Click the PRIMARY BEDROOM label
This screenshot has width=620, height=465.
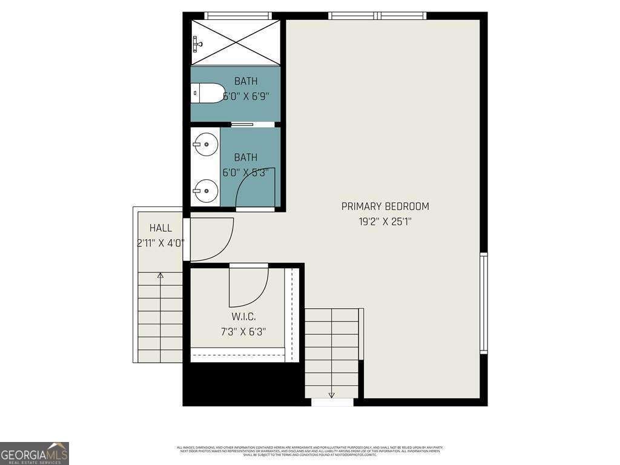[x=385, y=206]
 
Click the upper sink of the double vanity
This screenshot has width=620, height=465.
[x=206, y=144]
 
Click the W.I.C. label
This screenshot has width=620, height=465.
[x=243, y=317]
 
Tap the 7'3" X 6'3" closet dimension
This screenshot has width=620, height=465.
[x=243, y=332]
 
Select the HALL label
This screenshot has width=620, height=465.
[x=160, y=228]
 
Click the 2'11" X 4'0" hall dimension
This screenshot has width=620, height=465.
[x=160, y=243]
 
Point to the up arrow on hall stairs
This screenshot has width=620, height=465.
[x=160, y=276]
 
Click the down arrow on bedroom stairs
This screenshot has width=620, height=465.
[x=332, y=395]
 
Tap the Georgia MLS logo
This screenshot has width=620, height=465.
[x=35, y=453]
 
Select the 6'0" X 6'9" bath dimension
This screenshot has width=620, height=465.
[x=246, y=96]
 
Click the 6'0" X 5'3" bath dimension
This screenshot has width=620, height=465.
[x=246, y=173]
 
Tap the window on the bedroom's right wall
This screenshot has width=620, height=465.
[x=483, y=303]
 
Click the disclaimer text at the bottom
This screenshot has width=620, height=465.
[x=309, y=450]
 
